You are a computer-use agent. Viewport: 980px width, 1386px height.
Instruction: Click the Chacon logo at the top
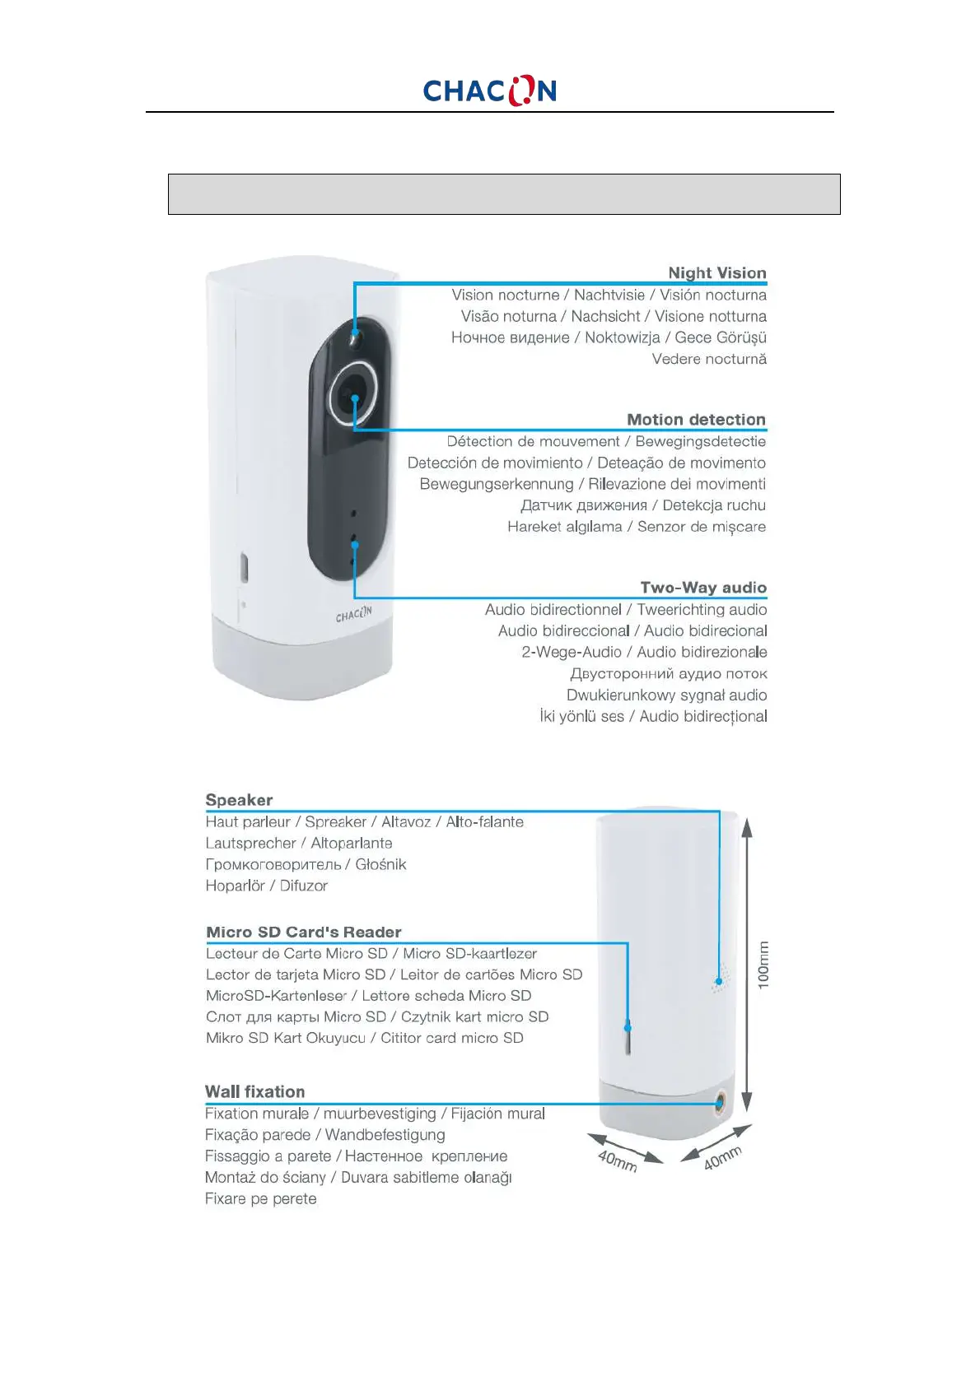click(x=489, y=91)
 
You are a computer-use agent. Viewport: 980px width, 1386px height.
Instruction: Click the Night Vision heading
click(x=716, y=272)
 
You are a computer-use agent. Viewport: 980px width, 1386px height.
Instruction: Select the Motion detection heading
click(x=696, y=420)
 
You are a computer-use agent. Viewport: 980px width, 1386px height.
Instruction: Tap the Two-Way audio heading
click(x=703, y=588)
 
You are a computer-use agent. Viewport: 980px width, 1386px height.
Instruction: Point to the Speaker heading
click(x=239, y=800)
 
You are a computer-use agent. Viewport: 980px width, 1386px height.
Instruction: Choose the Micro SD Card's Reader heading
click(x=304, y=932)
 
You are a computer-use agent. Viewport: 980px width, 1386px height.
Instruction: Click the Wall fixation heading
click(x=254, y=1091)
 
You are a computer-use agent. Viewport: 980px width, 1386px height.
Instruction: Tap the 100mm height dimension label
click(x=764, y=965)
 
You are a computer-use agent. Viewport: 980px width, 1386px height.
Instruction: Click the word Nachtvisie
click(x=609, y=295)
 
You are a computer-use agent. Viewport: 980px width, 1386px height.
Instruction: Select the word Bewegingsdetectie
click(x=700, y=441)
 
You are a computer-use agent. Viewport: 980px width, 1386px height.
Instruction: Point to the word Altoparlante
click(x=352, y=843)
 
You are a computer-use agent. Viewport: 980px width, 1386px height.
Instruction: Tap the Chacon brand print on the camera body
click(x=353, y=614)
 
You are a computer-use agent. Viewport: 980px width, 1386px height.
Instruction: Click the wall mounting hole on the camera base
click(x=721, y=1103)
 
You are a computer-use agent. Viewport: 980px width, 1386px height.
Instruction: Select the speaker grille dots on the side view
click(x=719, y=979)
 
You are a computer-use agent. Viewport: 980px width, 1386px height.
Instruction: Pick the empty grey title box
click(x=504, y=194)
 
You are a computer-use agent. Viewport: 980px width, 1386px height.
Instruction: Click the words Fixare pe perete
click(x=260, y=1198)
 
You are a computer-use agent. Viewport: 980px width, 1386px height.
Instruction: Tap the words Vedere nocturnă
click(x=709, y=359)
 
